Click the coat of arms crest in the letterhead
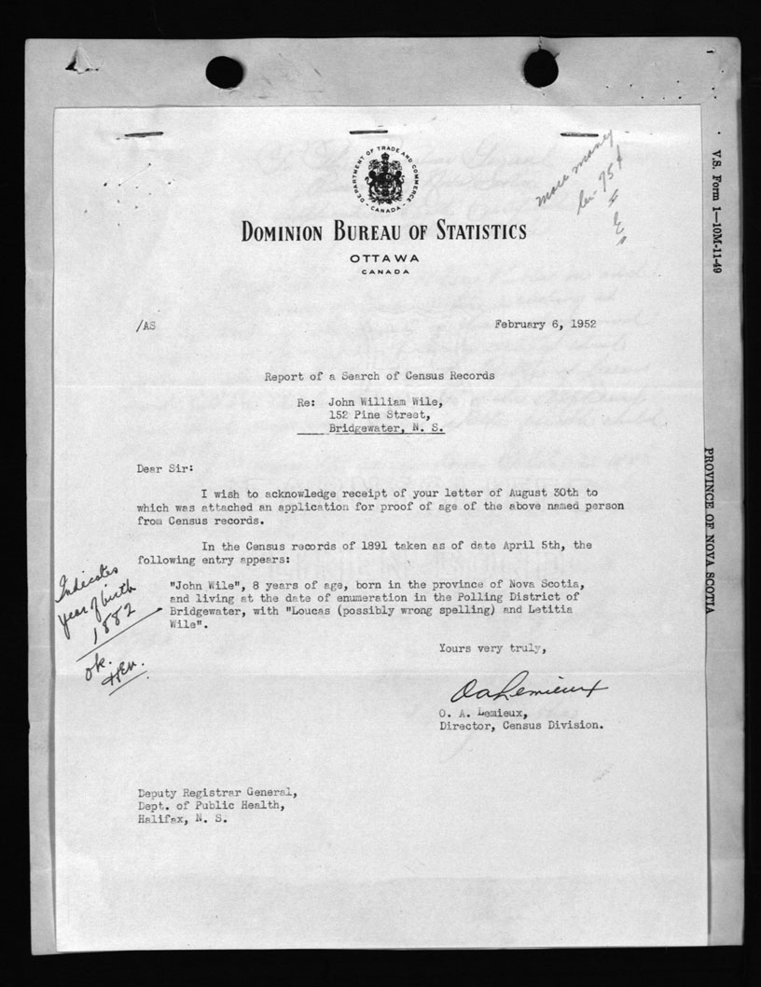(384, 177)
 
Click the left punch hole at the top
(224, 71)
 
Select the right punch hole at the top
(540, 68)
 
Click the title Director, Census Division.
(520, 725)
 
